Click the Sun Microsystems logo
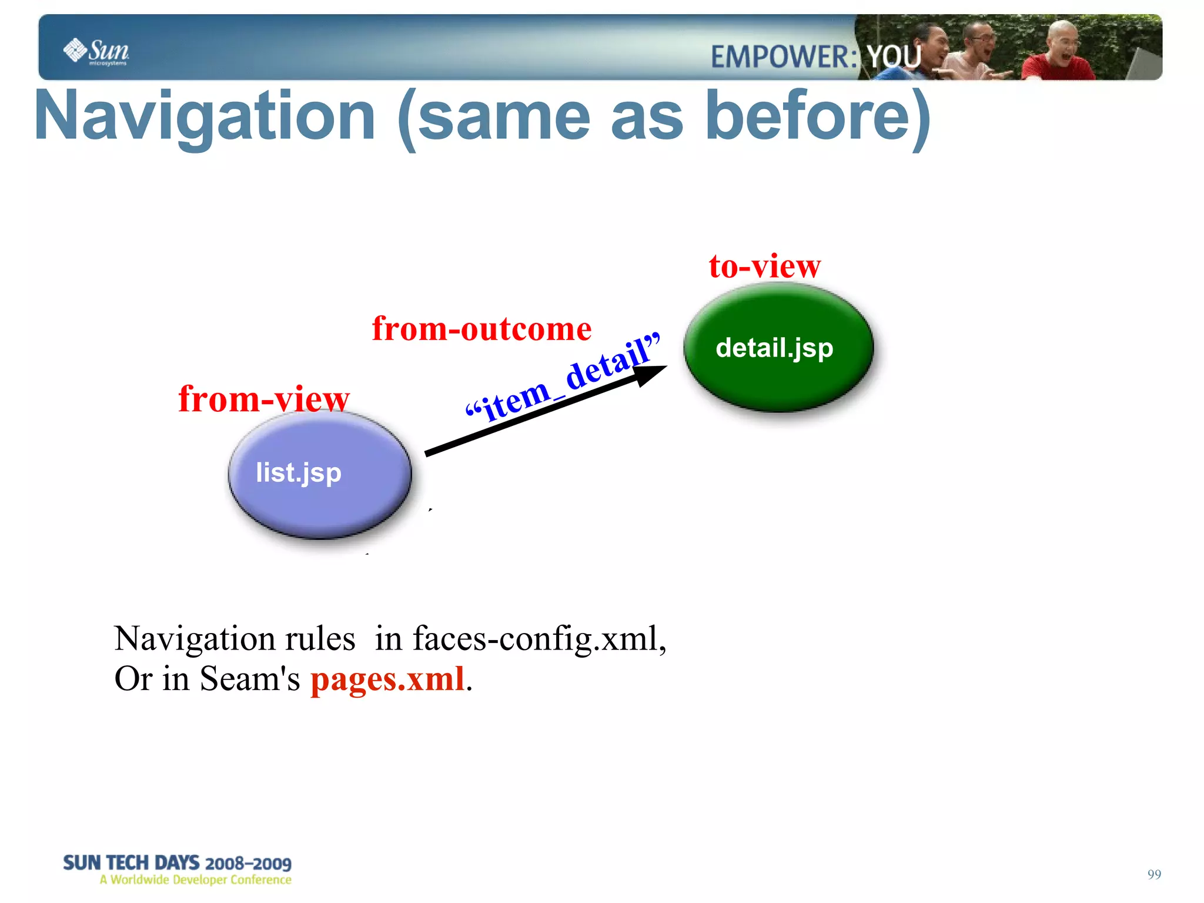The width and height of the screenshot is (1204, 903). [96, 51]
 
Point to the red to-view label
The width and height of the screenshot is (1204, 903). [764, 266]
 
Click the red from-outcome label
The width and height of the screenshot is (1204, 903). [481, 328]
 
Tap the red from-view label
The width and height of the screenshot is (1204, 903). [263, 399]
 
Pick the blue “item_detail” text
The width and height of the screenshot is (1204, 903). [563, 378]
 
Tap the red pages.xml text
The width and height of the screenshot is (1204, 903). [388, 679]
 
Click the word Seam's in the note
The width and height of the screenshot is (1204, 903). [249, 679]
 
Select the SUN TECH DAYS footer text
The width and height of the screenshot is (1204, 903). [177, 862]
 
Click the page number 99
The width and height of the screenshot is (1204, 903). [1153, 874]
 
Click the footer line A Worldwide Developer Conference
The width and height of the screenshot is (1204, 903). [195, 879]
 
